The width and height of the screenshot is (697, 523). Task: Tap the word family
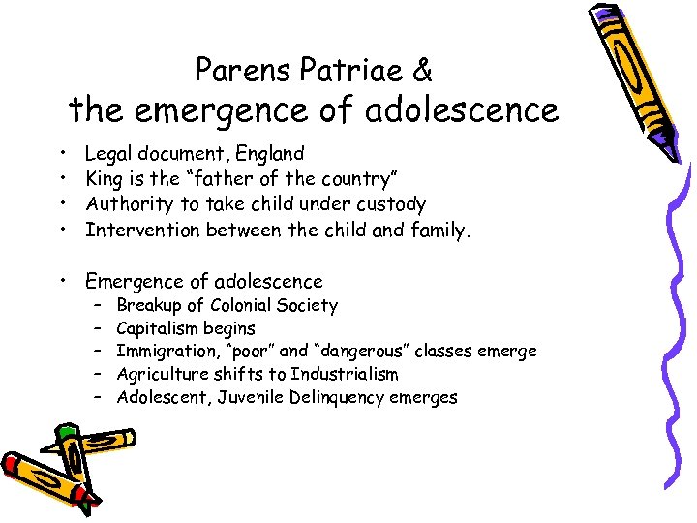pos(439,230)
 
